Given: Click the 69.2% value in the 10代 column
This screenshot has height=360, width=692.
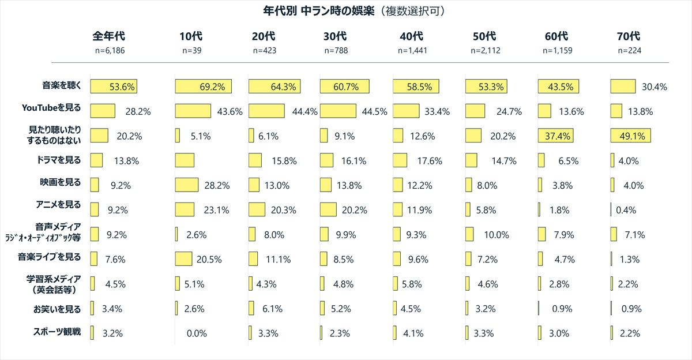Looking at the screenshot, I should tap(212, 87).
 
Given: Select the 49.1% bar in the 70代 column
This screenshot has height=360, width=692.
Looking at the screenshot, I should tap(631, 136).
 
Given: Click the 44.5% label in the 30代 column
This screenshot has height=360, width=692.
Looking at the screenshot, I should tap(373, 112).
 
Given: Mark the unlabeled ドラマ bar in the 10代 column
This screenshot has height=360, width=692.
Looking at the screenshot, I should tap(185, 160).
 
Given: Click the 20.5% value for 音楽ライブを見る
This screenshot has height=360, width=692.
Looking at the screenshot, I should tap(209, 260).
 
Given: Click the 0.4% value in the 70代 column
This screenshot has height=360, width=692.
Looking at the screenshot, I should tap(626, 211).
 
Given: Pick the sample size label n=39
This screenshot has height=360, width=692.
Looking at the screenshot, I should tap(191, 50).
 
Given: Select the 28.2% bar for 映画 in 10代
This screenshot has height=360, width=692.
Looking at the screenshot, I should tap(186, 185).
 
